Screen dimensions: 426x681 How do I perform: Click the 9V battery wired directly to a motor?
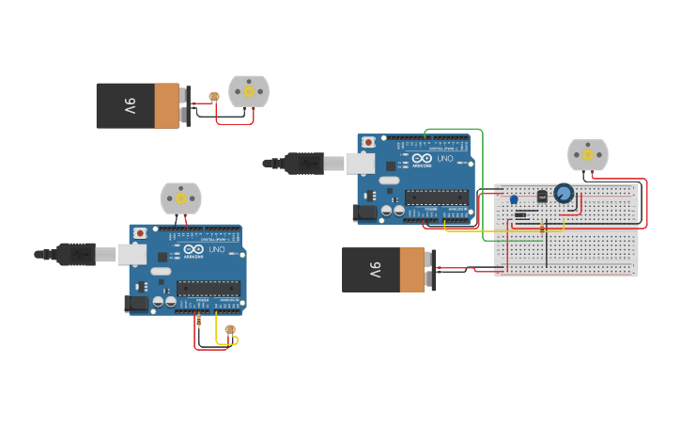pos(139,105)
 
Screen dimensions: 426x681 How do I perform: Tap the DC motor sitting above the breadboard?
pos(588,154)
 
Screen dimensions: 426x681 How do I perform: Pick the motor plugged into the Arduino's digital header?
pos(181,198)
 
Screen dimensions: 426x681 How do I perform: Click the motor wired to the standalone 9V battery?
pos(249,91)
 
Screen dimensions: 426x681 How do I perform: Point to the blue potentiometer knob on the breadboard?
pos(564,193)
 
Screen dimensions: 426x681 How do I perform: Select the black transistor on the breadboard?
pos(541,196)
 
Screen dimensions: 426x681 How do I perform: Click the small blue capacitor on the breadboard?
pos(514,198)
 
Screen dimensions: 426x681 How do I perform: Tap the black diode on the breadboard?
pos(520,214)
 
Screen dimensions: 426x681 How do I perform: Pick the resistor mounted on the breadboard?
pos(542,229)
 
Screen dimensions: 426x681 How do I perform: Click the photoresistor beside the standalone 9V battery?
pos(214,97)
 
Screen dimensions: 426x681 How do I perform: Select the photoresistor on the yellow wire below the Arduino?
pos(229,329)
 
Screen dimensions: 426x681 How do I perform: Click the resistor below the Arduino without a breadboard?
pos(198,321)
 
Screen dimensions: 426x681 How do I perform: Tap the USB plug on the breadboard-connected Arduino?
pos(305,163)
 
